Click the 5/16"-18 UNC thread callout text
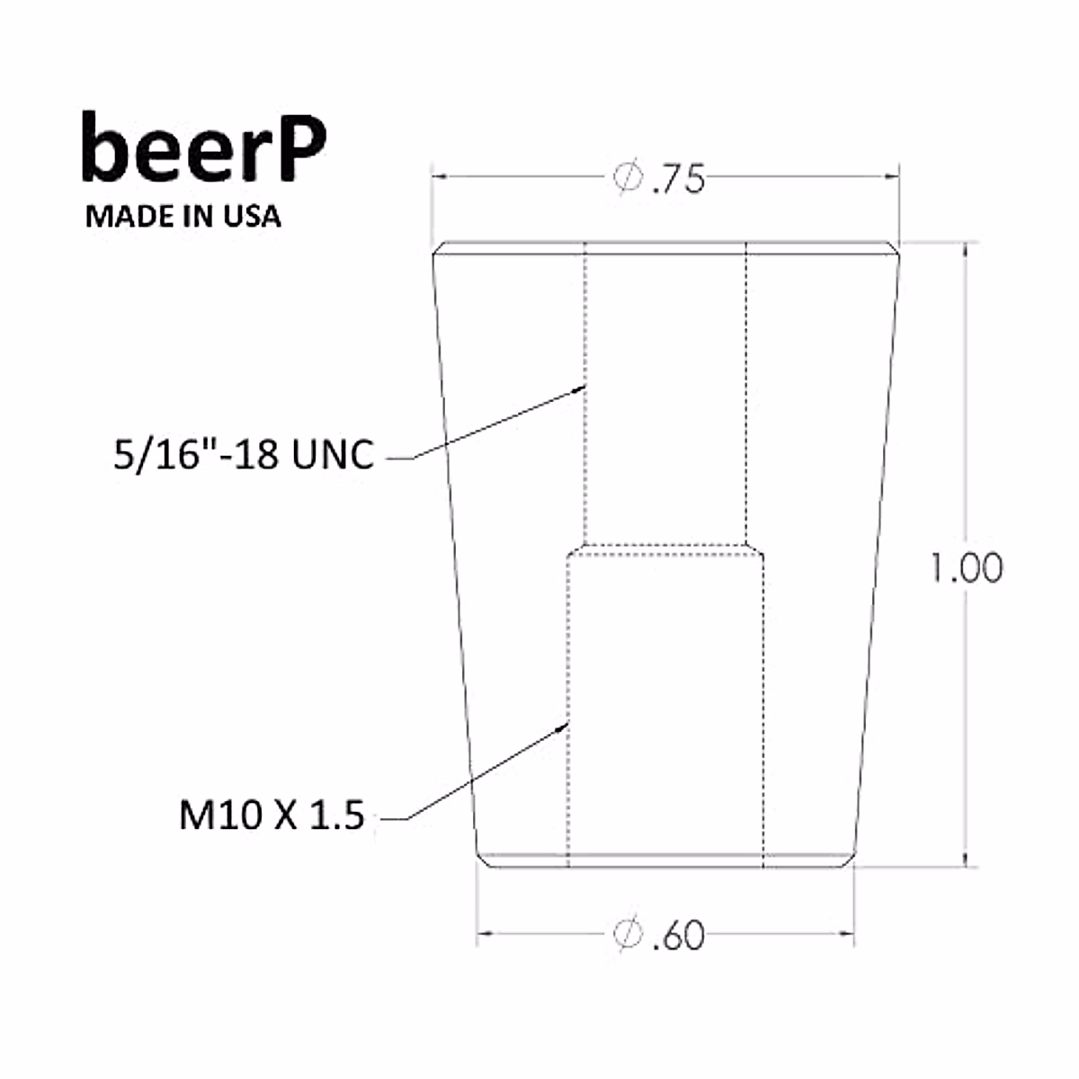pos(243,455)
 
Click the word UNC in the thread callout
pos(333,455)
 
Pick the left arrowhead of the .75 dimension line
pos(439,177)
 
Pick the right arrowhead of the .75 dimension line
pos(894,177)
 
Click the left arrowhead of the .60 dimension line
pos(483,934)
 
